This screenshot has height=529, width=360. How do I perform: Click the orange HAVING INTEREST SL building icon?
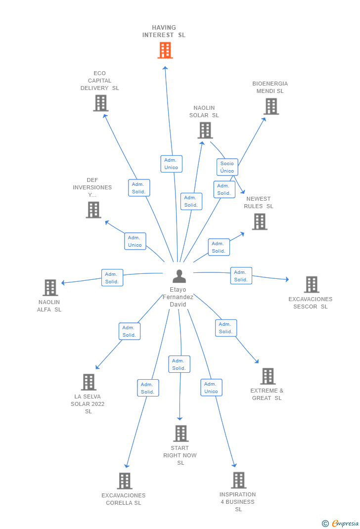pos(165,50)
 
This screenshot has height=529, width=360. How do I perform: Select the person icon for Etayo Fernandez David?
pos(179,276)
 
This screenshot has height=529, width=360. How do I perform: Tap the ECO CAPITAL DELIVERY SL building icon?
pos(100,103)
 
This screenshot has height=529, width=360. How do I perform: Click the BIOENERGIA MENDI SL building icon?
pos(271,106)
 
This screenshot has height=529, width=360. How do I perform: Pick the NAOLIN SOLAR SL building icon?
pos(205,131)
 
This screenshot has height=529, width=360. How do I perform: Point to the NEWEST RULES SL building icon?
pos(259,221)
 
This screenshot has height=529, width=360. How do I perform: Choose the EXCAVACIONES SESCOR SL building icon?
pos(311,284)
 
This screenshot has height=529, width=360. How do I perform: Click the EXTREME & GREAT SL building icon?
pos(268,376)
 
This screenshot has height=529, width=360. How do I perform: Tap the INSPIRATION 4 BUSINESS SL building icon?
pos(238,480)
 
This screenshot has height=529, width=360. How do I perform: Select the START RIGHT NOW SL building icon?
pos(180,434)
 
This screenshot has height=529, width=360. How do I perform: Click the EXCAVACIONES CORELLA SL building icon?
pos(124,481)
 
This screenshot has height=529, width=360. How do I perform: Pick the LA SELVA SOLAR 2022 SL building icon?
pos(89,382)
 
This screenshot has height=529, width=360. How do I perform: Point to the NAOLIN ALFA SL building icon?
pos(50,288)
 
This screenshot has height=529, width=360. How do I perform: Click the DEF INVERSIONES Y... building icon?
pos(93,210)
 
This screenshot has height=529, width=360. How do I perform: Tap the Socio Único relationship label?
pos(227,167)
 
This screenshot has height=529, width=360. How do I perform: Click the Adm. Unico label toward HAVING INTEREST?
pos(171,164)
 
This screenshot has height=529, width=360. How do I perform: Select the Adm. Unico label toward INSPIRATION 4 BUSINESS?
pos(211,388)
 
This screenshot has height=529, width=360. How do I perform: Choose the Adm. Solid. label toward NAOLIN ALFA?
pos(112,278)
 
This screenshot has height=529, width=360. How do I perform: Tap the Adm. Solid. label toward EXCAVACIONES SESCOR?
pos(241,276)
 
